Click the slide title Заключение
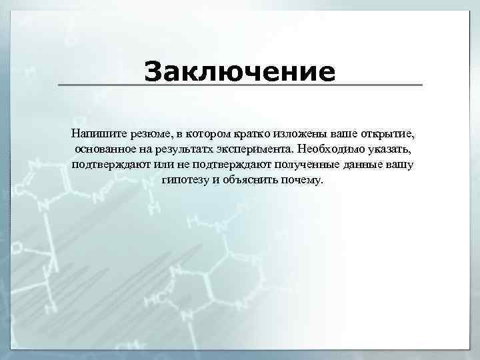coord(240,71)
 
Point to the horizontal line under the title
coord(240,85)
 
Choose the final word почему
coord(303,181)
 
